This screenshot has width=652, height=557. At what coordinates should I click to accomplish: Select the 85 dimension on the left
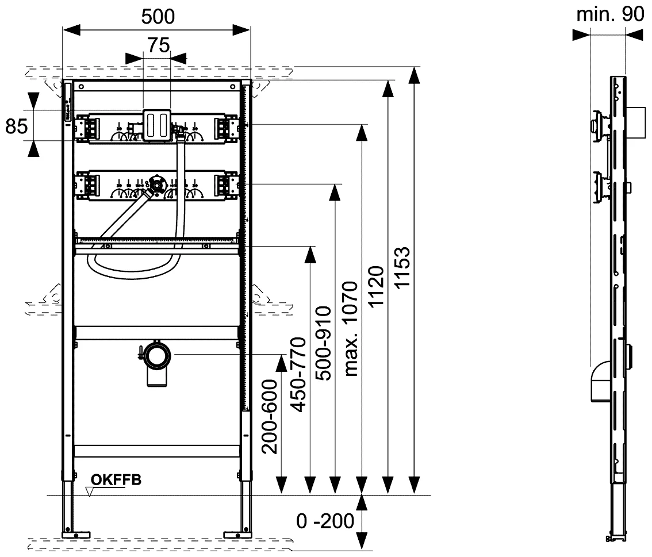(x=17, y=126)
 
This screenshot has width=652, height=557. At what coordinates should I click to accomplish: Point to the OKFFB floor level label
(x=116, y=480)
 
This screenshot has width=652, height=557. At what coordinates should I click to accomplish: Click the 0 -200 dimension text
(x=325, y=521)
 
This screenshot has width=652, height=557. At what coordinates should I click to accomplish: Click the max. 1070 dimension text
(x=351, y=328)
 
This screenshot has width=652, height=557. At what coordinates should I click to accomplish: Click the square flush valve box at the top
(x=156, y=124)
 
